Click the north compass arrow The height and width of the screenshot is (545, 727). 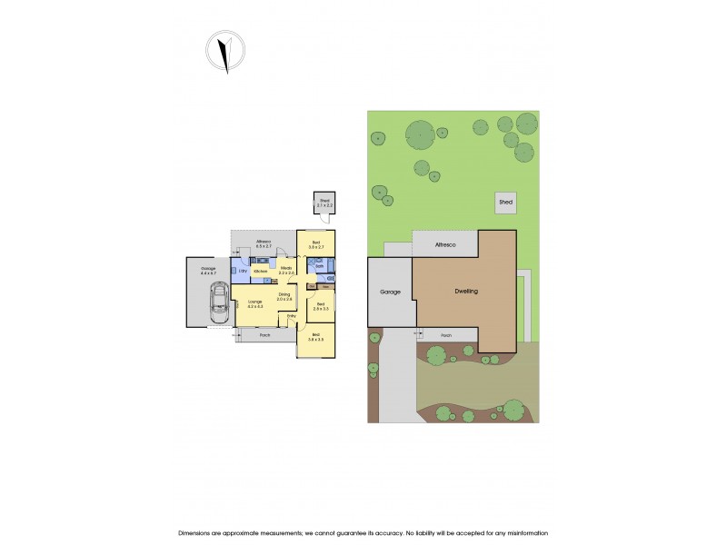point(224,52)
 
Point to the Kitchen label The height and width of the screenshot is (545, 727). point(260,272)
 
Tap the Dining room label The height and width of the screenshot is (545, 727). point(284,296)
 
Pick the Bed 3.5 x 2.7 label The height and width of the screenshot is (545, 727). point(316,243)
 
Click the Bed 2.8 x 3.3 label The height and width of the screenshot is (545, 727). point(319,307)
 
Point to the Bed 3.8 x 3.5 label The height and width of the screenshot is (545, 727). point(315,338)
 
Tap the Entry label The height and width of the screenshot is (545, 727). point(292,316)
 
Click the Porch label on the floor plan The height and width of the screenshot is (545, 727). point(265,335)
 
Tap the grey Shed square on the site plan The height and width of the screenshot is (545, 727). point(505,203)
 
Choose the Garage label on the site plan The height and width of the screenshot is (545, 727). point(389,292)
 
